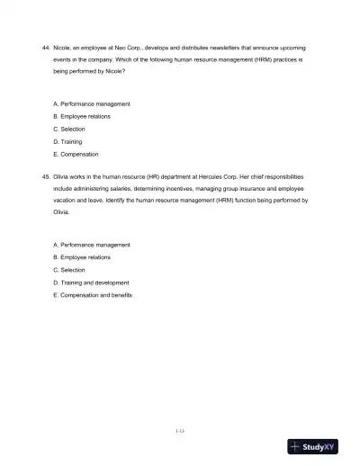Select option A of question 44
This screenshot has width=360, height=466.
(x=92, y=104)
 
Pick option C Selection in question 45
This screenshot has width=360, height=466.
(x=72, y=270)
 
